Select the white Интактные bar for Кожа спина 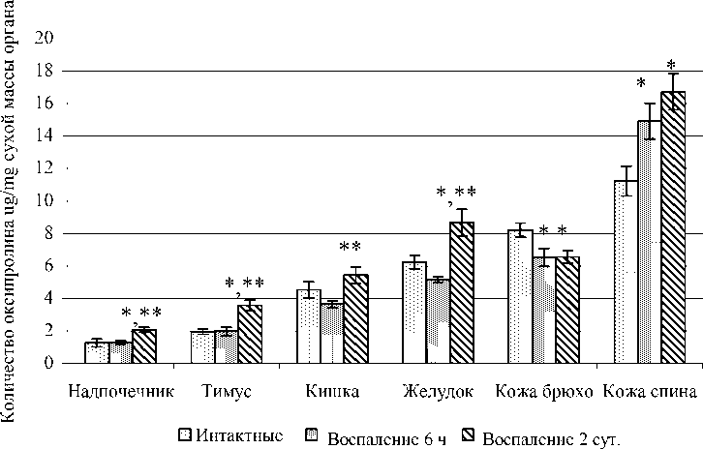click(626, 272)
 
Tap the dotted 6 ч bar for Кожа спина click(649, 242)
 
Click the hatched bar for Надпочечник click(144, 346)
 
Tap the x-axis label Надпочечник click(122, 392)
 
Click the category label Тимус click(229, 392)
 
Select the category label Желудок click(438, 392)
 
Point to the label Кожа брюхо click(542, 392)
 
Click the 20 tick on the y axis click(44, 38)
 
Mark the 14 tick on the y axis click(44, 135)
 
